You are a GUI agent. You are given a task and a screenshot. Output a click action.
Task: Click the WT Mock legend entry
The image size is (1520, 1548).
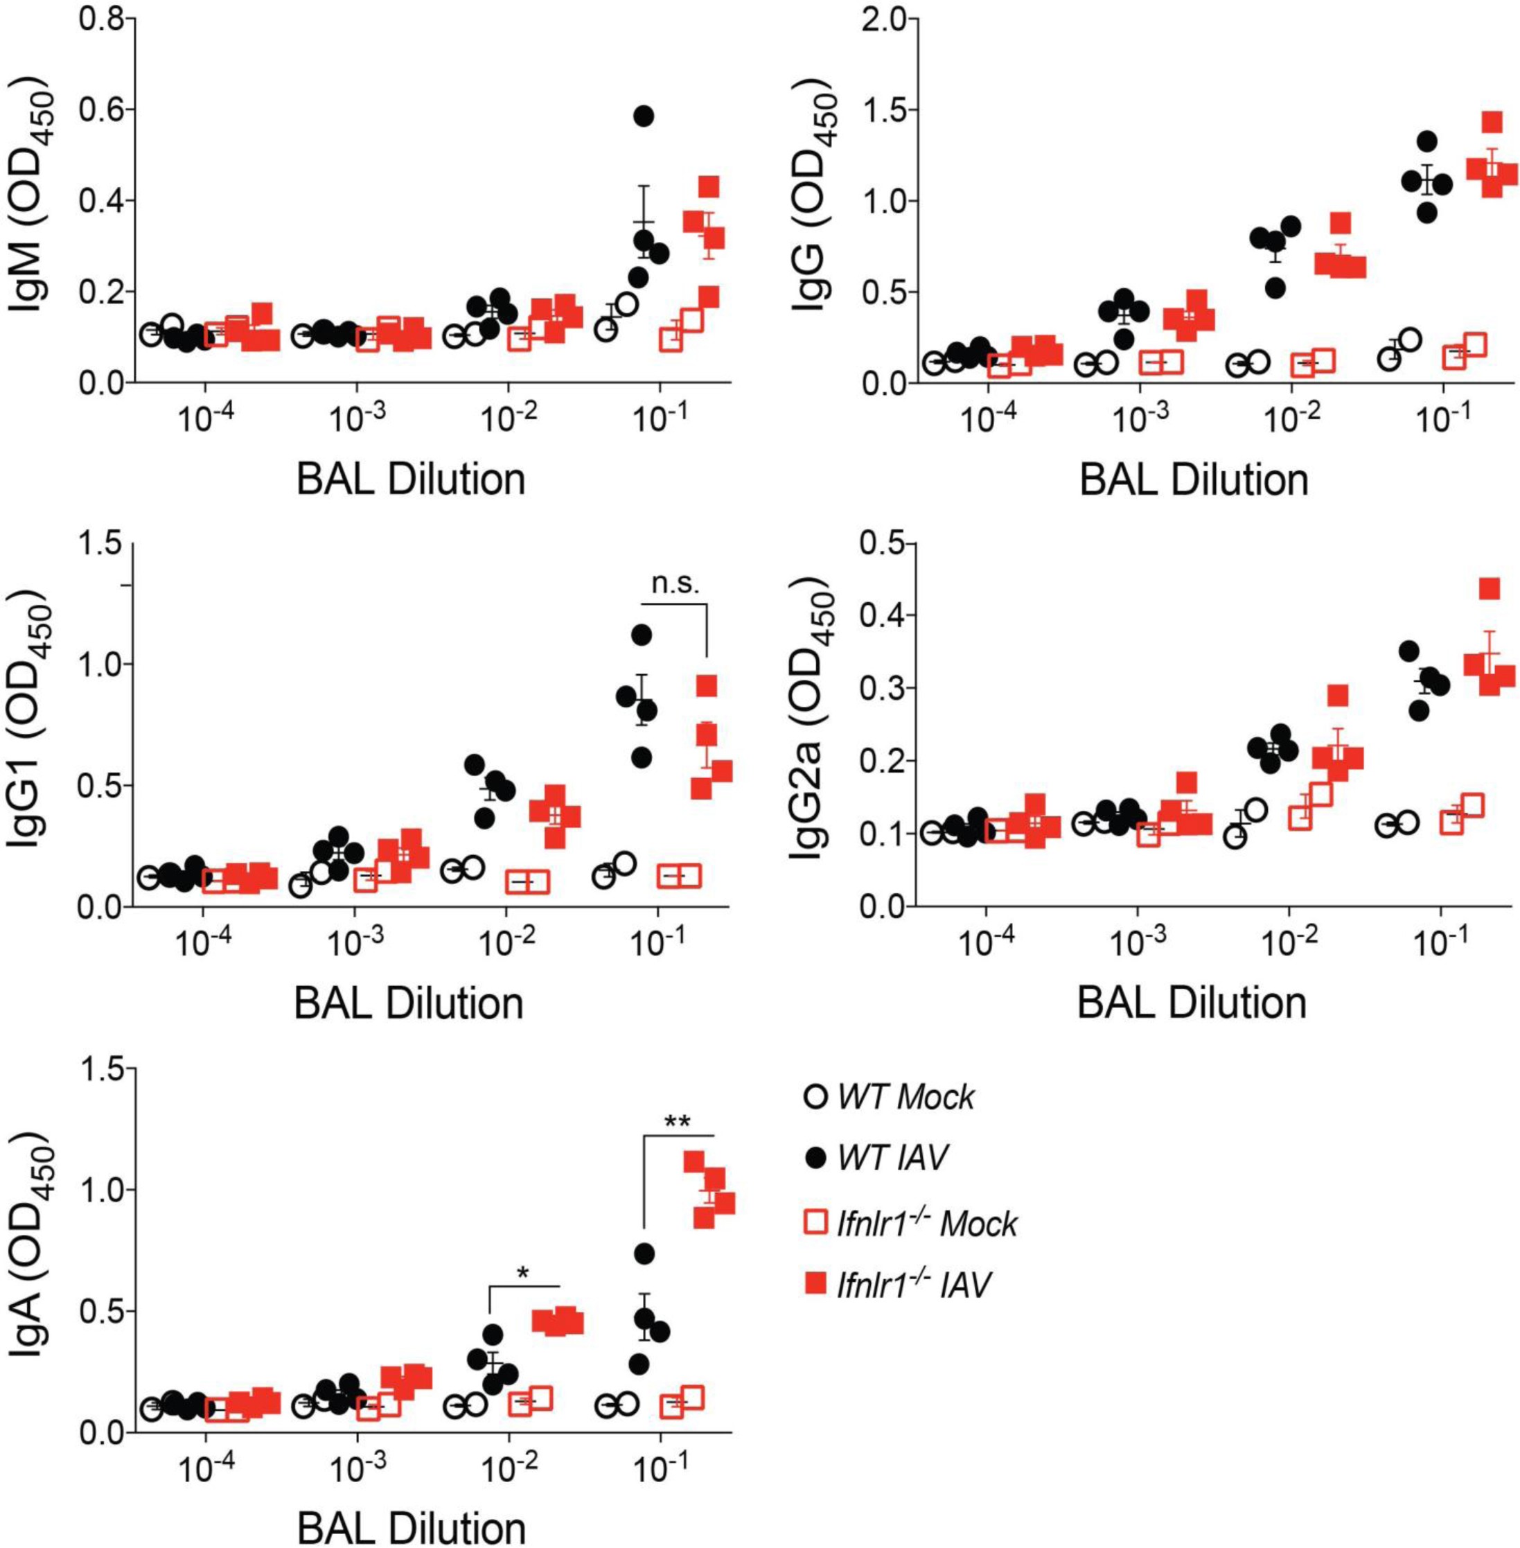[887, 1097]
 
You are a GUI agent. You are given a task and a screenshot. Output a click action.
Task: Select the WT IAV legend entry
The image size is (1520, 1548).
[876, 1159]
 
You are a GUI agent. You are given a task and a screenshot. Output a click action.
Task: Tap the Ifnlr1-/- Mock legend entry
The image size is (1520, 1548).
[910, 1222]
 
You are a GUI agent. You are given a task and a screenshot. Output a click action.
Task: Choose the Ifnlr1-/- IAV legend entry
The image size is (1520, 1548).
[898, 1285]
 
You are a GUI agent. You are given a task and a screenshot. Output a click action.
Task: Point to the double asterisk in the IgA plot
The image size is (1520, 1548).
[678, 1123]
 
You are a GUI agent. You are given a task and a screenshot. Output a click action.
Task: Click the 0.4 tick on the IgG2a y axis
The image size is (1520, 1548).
[884, 615]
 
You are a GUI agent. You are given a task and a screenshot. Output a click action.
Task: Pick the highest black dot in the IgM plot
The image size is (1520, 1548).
[644, 116]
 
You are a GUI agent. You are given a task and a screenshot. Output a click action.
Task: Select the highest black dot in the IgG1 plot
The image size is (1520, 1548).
[641, 635]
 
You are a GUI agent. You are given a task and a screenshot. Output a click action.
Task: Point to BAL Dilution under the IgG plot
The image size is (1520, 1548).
[1194, 480]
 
